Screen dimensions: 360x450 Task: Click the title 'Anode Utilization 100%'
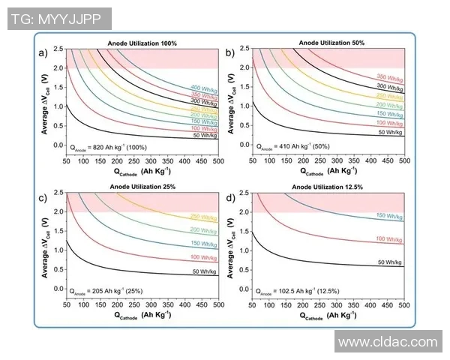tap(142, 44)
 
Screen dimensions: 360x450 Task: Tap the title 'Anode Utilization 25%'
tap(142, 187)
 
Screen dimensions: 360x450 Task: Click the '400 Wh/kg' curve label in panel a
tap(205, 88)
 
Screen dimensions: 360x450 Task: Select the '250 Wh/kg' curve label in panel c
tap(204, 216)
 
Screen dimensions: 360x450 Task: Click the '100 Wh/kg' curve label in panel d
tap(391, 239)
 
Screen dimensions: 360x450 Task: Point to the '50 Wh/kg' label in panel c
tap(205, 271)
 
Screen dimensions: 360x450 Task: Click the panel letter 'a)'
tap(43, 52)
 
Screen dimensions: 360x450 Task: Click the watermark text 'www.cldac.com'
tap(387, 342)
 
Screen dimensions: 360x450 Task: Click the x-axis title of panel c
tap(143, 316)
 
